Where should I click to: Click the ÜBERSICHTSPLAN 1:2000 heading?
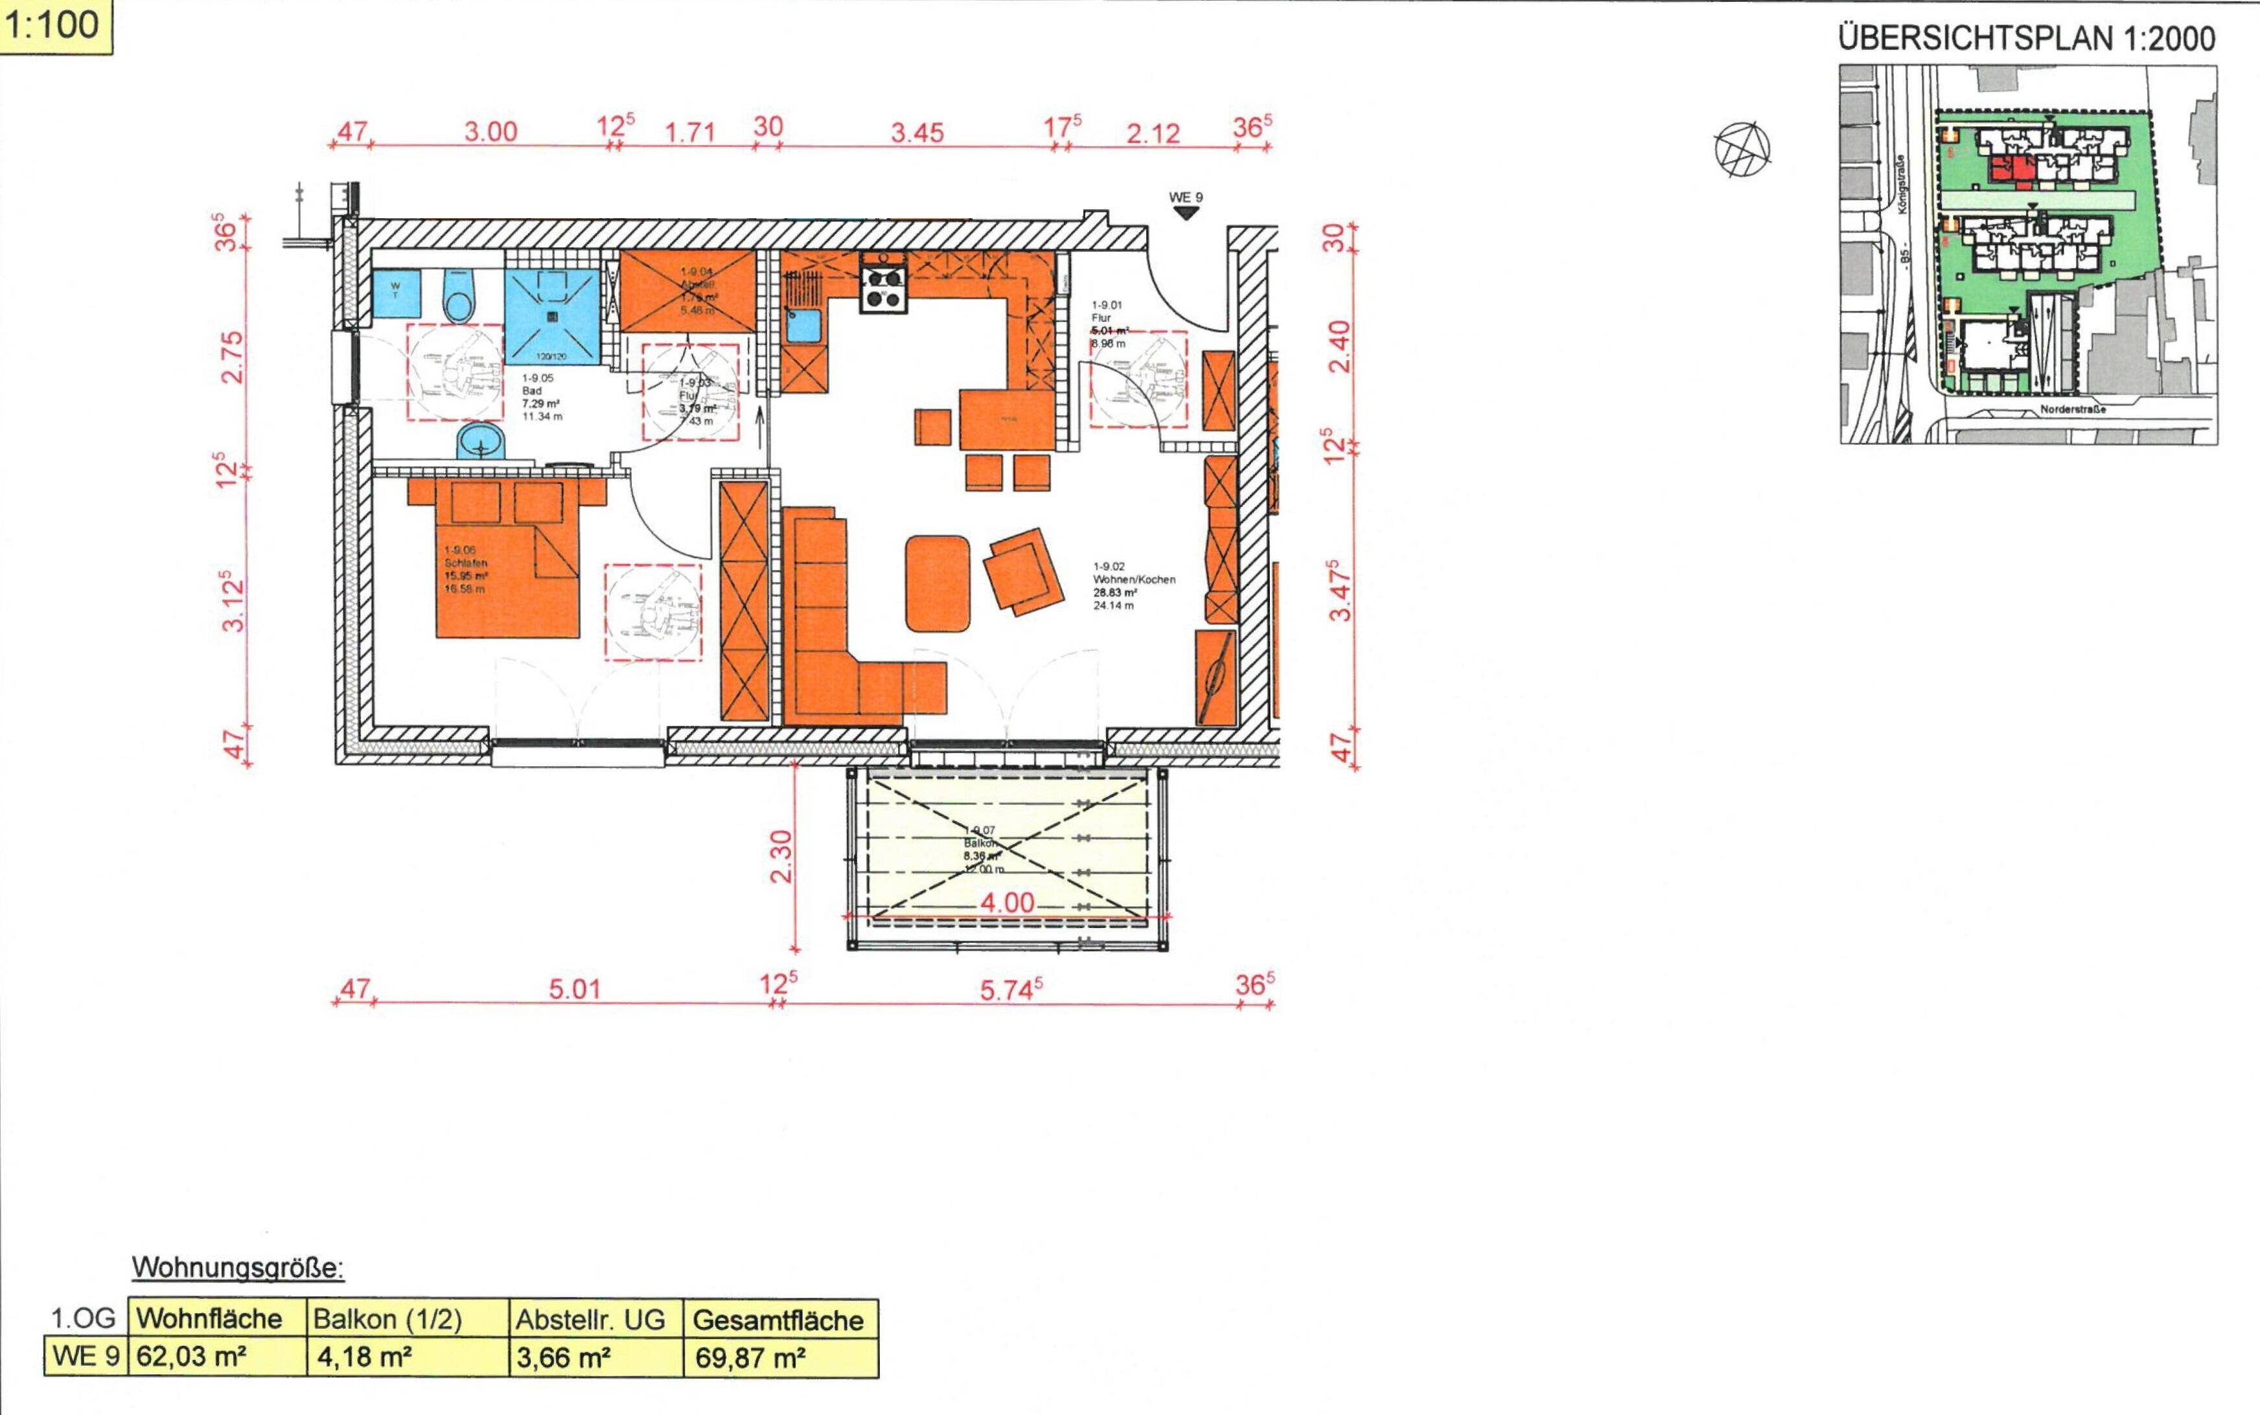point(2027,40)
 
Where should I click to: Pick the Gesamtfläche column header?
point(778,1320)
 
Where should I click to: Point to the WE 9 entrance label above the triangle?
point(1185,198)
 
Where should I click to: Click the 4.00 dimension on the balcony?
point(1008,903)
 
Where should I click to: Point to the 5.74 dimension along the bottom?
point(1011,991)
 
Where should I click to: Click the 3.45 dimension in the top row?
point(917,133)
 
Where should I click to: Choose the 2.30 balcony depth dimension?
point(785,855)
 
